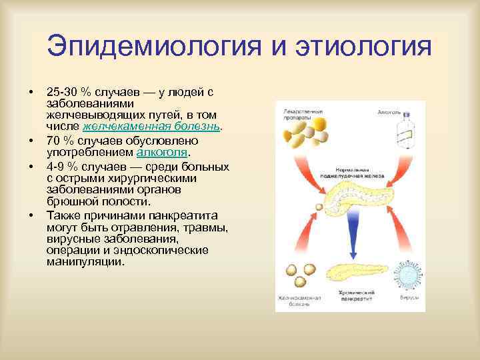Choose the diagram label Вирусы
[409, 299]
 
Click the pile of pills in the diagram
[303, 137]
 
